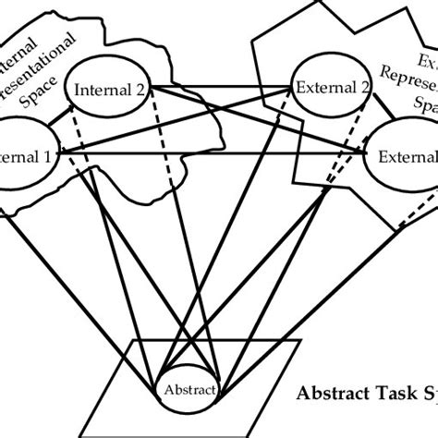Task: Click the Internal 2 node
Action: [x=112, y=89]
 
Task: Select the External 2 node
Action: [x=332, y=89]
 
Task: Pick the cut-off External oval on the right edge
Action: [x=407, y=154]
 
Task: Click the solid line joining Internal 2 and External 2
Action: [x=222, y=89]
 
